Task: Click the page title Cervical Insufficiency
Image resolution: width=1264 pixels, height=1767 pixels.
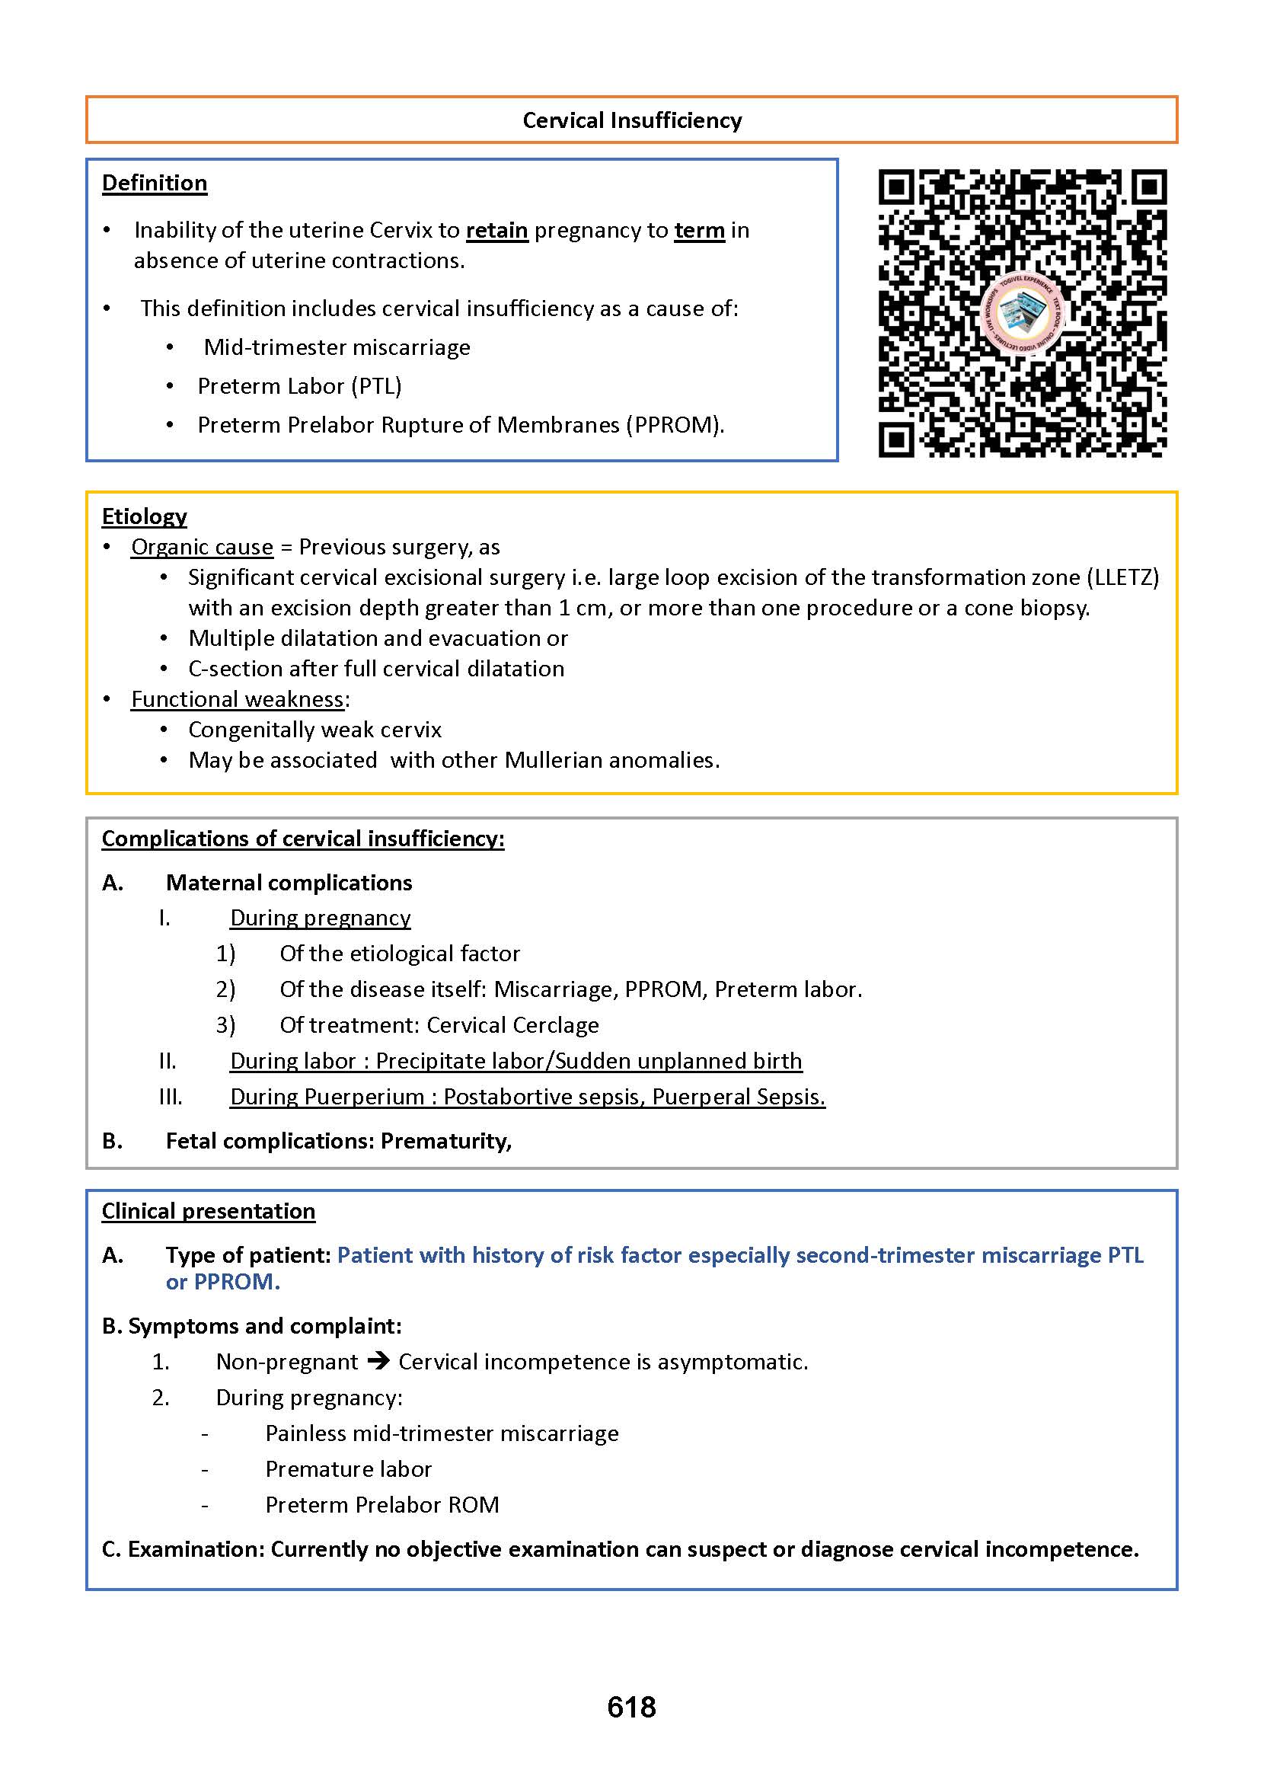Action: pyautogui.click(x=631, y=120)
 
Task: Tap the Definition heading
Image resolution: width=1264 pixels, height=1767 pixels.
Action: pyautogui.click(x=154, y=183)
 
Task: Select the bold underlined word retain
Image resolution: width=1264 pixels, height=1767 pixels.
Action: pyautogui.click(x=496, y=231)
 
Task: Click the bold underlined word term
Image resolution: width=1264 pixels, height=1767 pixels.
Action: pyautogui.click(x=699, y=231)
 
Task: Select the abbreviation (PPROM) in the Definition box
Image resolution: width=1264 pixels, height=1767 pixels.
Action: pyautogui.click(x=674, y=425)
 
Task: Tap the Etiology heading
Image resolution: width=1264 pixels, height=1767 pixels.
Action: pyautogui.click(x=144, y=516)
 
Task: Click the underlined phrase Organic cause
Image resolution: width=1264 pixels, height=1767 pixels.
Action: pyautogui.click(x=202, y=547)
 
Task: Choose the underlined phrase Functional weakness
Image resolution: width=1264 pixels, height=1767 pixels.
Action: pyautogui.click(x=238, y=699)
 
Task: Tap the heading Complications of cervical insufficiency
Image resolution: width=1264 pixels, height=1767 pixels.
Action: pyautogui.click(x=303, y=839)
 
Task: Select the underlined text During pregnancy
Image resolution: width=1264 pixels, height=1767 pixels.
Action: pyautogui.click(x=320, y=918)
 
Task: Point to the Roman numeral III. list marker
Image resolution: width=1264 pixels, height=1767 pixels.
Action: pyautogui.click(x=171, y=1097)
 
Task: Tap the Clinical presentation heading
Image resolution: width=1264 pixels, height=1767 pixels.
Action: pyautogui.click(x=208, y=1211)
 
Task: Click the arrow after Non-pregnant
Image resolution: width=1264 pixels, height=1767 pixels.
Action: pyautogui.click(x=378, y=1362)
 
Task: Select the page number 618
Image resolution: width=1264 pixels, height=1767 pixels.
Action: pyautogui.click(x=631, y=1707)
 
